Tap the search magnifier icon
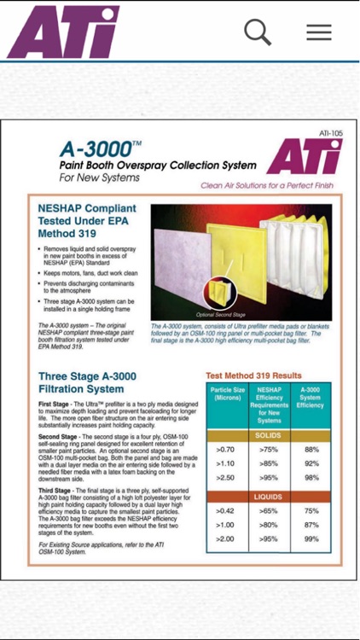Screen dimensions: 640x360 click(x=258, y=32)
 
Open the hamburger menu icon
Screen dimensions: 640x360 click(x=319, y=32)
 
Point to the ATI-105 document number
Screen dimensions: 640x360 click(x=330, y=134)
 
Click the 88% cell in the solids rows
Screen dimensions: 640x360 click(x=311, y=450)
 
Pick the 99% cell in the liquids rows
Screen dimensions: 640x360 click(x=311, y=539)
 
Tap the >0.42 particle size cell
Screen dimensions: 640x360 click(x=226, y=511)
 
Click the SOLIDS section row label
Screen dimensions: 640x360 click(x=269, y=435)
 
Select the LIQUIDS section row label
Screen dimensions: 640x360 click(x=269, y=496)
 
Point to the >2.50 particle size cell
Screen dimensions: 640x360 click(x=226, y=477)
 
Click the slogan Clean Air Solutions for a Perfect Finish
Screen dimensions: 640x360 click(x=266, y=185)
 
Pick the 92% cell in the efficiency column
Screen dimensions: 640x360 click(x=311, y=463)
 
